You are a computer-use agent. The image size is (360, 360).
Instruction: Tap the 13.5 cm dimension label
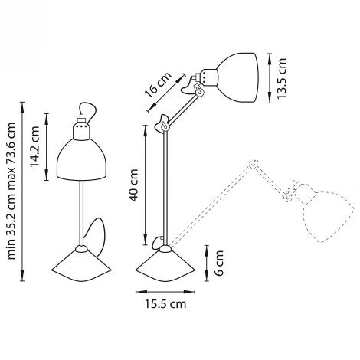(x=282, y=77)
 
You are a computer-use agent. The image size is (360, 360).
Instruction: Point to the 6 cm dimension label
(x=219, y=261)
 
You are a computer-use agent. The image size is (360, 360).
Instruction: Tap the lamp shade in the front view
(x=80, y=158)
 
